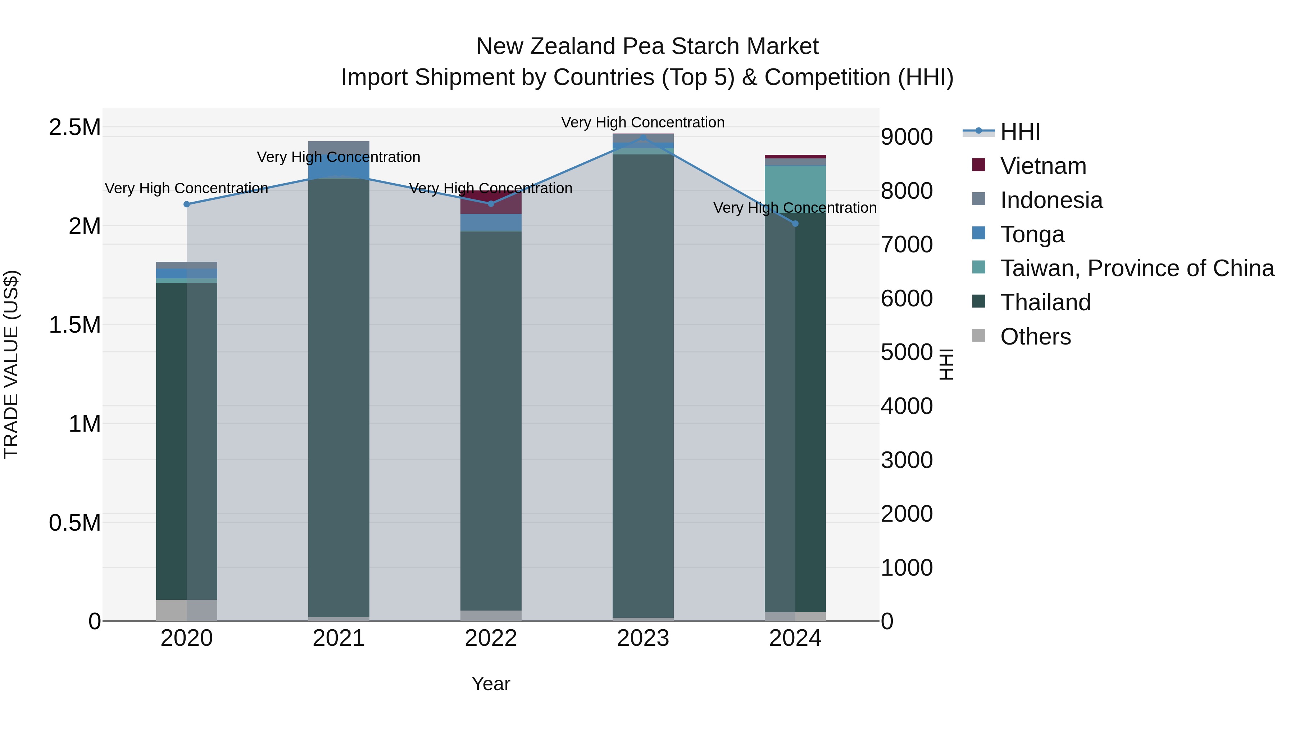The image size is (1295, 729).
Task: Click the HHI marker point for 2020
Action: pos(186,204)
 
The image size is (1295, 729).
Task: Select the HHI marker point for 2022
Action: pos(491,204)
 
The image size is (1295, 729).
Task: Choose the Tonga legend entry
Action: pos(1032,234)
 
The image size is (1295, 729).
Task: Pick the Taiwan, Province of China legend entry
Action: pos(1137,268)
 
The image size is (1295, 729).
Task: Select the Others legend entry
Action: pos(1035,337)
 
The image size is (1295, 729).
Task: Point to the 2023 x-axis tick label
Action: pos(643,638)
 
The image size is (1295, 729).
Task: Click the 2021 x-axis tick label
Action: pos(339,638)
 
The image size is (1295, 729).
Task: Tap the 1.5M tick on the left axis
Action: pos(74,325)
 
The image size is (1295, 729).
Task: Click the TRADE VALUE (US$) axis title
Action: pos(11,364)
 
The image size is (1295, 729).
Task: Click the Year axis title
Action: pos(491,684)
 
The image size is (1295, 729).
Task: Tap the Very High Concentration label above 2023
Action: pos(642,122)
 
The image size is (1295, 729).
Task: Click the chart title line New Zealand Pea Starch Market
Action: pos(647,46)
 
